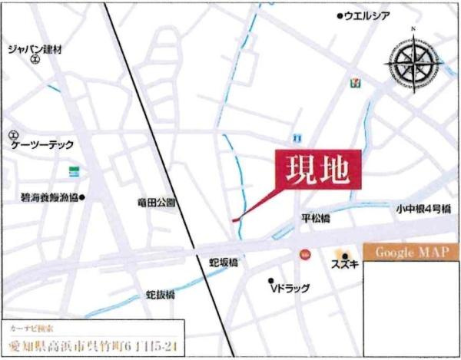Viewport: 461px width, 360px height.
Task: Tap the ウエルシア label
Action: coord(370,16)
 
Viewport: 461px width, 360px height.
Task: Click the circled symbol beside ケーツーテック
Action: coord(12,135)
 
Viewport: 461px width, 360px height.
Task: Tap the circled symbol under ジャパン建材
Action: coord(34,59)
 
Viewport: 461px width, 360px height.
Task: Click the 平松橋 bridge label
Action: coord(315,219)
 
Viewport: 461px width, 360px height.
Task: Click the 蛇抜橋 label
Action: coord(161,294)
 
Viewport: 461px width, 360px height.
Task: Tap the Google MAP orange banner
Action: coord(412,253)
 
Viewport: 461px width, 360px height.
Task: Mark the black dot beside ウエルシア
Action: coord(340,16)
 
